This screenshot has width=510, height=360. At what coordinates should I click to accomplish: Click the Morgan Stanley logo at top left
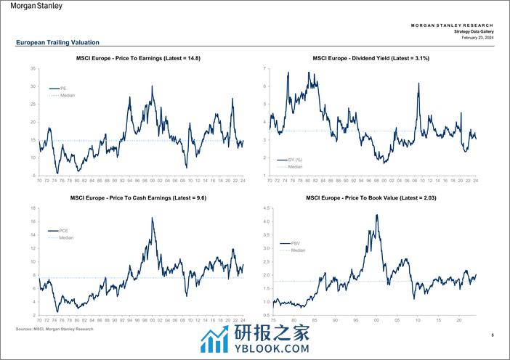(x=36, y=7)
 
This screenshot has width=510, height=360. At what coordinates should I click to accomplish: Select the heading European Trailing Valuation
(x=57, y=43)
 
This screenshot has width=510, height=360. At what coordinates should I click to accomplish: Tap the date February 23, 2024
(x=477, y=38)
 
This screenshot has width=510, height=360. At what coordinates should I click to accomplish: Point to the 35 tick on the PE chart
(x=33, y=68)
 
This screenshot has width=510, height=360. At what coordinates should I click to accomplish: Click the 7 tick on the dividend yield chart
(x=264, y=68)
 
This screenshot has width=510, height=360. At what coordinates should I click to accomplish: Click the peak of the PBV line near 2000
(x=376, y=215)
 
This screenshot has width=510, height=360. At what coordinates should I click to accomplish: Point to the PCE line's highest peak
(x=152, y=218)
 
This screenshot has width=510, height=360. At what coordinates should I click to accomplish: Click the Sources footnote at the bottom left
(x=54, y=329)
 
